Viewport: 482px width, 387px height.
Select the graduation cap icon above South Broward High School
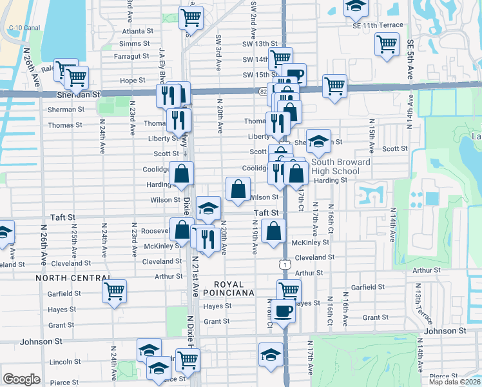(318, 141)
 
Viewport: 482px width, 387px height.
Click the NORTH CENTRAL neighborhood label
(66, 278)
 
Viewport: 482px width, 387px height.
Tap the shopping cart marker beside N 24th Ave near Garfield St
(114, 292)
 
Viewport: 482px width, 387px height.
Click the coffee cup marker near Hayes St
(282, 312)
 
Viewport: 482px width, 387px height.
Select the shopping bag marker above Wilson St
(238, 190)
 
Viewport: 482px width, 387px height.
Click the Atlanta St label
(137, 30)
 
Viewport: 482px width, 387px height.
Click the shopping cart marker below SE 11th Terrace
(387, 45)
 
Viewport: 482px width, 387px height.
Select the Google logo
(21, 379)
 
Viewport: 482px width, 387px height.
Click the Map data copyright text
(454, 382)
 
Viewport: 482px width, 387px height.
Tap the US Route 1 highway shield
(284, 265)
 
